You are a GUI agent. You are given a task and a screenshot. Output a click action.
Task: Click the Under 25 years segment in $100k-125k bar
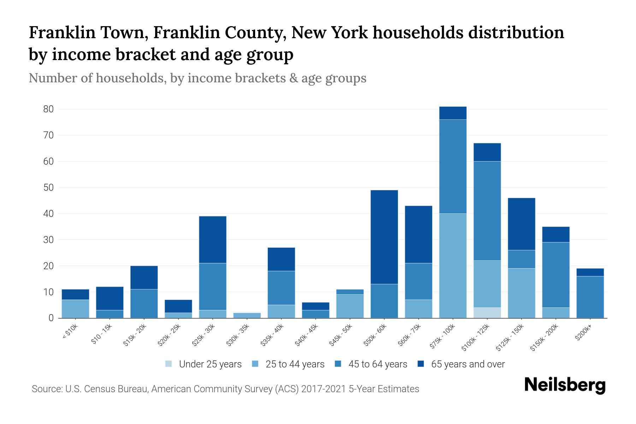pyautogui.click(x=487, y=313)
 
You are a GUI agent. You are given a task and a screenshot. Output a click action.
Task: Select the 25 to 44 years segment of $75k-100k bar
pyautogui.click(x=453, y=266)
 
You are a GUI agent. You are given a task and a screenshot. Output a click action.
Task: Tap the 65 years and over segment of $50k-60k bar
pyautogui.click(x=384, y=237)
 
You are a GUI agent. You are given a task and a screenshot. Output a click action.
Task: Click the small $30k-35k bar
pyautogui.click(x=247, y=315)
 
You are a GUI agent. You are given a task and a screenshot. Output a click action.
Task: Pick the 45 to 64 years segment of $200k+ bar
pyautogui.click(x=590, y=297)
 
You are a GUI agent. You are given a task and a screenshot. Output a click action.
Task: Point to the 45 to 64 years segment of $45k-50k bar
pyautogui.click(x=350, y=292)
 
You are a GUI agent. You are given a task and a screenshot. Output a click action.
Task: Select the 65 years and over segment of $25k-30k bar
pyautogui.click(x=213, y=240)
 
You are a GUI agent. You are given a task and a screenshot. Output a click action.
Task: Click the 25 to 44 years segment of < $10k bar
pyautogui.click(x=75, y=309)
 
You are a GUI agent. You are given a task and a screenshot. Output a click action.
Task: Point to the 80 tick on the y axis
pyautogui.click(x=48, y=109)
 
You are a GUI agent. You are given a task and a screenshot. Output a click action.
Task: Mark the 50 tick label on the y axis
pyautogui.click(x=48, y=188)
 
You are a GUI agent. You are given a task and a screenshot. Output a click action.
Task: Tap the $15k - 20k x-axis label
pyautogui.click(x=135, y=335)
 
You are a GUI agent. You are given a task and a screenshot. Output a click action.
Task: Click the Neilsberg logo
pyautogui.click(x=565, y=385)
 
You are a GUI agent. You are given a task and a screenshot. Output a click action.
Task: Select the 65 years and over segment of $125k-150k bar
pyautogui.click(x=522, y=224)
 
